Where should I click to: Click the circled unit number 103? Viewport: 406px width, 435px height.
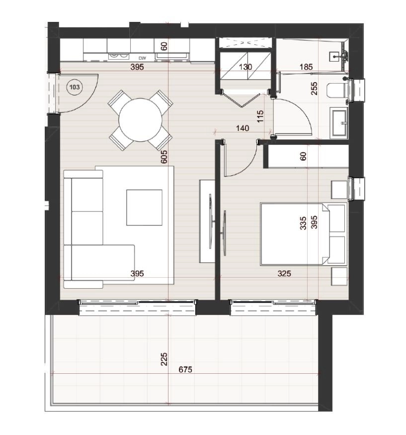[x=75, y=88]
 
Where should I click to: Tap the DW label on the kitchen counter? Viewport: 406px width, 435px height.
[x=142, y=58]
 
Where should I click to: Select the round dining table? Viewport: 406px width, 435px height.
[x=140, y=120]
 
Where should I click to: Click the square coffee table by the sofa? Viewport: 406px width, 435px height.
[x=144, y=208]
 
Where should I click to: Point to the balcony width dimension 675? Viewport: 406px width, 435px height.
[x=185, y=369]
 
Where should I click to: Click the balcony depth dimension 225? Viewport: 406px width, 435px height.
[x=164, y=359]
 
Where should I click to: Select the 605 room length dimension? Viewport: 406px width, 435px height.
[x=164, y=157]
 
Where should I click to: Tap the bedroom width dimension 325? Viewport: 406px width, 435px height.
[x=284, y=274]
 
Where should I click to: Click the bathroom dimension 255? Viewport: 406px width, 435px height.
[x=314, y=89]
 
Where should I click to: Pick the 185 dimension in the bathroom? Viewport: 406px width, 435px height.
[x=306, y=67]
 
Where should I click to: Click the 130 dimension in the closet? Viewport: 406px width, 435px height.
[x=245, y=67]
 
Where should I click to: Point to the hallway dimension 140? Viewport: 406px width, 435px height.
[x=243, y=128]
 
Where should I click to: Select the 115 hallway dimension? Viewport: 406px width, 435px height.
[x=260, y=117]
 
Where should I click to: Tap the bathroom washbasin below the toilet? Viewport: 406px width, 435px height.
[x=339, y=122]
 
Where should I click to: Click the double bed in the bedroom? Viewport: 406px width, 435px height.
[x=304, y=234]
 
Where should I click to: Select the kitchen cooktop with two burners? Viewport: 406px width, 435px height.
[x=119, y=56]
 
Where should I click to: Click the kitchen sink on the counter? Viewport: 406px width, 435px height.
[x=172, y=56]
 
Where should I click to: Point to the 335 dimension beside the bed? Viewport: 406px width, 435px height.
[x=303, y=223]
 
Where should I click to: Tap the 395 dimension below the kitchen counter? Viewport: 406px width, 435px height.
[x=137, y=67]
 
